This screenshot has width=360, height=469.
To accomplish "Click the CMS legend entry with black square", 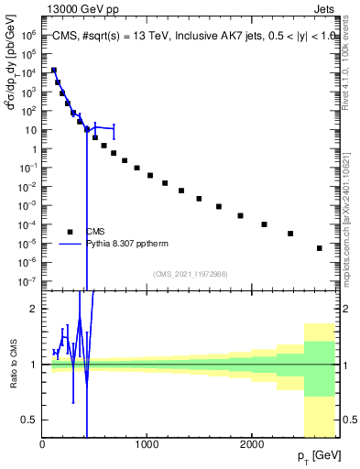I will (95, 232).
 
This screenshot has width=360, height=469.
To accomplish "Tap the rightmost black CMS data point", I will (320, 248).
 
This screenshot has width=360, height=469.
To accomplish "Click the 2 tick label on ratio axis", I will (33, 309).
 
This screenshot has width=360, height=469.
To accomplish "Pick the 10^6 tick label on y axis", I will (29, 36).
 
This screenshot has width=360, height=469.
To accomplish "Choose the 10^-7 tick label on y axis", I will (29, 281).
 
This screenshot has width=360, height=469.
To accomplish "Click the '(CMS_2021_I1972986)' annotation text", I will (190, 274).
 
